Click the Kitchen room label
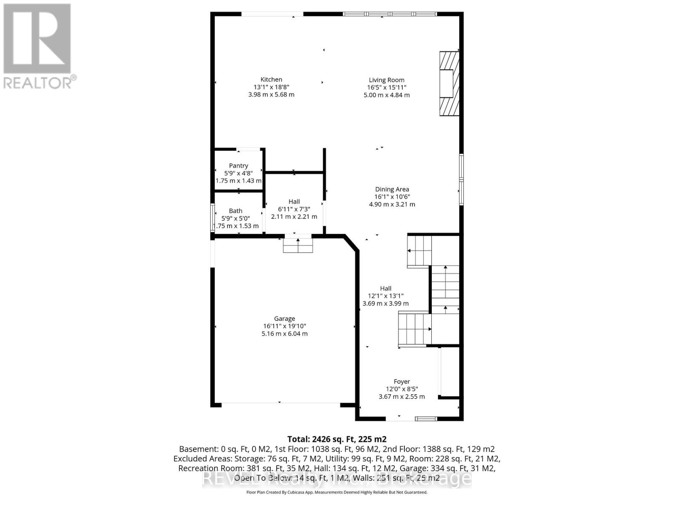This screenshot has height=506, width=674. pyautogui.click(x=271, y=79)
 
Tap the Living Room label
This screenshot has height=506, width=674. pyautogui.click(x=386, y=80)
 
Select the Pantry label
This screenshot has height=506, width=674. pyautogui.click(x=238, y=166)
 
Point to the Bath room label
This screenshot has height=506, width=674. pyautogui.click(x=235, y=211)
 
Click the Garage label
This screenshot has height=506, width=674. pyautogui.click(x=284, y=319)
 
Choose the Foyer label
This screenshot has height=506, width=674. pyautogui.click(x=401, y=382)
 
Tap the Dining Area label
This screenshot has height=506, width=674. pyautogui.click(x=392, y=189)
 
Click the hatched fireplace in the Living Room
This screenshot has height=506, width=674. pyautogui.click(x=449, y=83)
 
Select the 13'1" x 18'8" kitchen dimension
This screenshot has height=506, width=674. pyautogui.click(x=271, y=87)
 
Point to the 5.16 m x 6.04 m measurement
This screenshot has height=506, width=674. pyautogui.click(x=284, y=334)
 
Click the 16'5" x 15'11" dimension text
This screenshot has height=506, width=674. pyautogui.click(x=386, y=88)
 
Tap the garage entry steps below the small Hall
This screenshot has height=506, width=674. pyautogui.click(x=298, y=245)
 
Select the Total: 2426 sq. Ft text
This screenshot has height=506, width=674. pyautogui.click(x=337, y=439)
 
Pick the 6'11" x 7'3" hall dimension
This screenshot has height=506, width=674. pyautogui.click(x=294, y=209)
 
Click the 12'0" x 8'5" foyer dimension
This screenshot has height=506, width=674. pyautogui.click(x=401, y=389)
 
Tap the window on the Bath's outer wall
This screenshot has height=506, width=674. pyautogui.click(x=212, y=218)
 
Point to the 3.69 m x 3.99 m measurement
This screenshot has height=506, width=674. pyautogui.click(x=385, y=304)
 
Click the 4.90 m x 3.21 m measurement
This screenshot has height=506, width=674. pyautogui.click(x=392, y=205)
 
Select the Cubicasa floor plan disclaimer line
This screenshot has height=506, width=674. pyautogui.click(x=337, y=492)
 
